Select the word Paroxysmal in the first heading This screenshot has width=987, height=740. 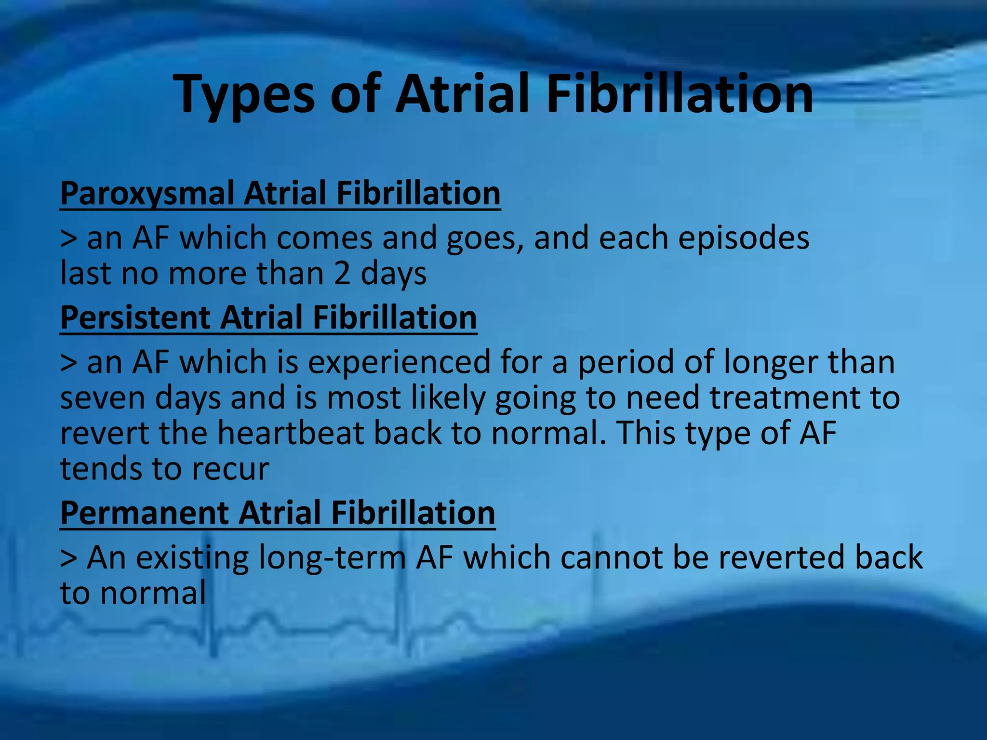point(147,194)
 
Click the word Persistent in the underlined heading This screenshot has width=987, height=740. point(135,318)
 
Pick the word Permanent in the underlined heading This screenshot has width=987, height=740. point(144,513)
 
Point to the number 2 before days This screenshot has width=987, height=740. point(342,273)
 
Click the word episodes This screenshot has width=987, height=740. point(744,238)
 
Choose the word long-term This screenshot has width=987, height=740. point(333,557)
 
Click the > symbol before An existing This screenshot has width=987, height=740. point(68,557)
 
